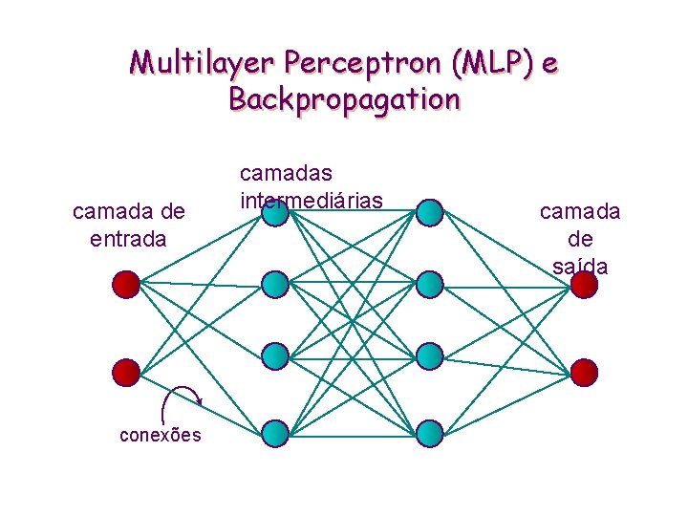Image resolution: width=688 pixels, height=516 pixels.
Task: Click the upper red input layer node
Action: [126, 284]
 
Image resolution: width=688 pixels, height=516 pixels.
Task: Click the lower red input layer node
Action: [126, 372]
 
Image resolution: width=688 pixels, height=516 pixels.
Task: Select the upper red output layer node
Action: [584, 285]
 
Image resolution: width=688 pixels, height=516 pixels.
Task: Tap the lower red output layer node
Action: [584, 372]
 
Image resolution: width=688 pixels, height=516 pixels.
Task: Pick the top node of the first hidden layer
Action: [275, 213]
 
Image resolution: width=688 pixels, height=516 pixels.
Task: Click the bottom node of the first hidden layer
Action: [275, 434]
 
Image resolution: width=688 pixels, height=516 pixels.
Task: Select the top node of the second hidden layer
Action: [430, 213]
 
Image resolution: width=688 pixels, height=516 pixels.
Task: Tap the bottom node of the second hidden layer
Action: [430, 434]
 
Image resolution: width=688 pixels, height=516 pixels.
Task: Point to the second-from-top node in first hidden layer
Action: [275, 284]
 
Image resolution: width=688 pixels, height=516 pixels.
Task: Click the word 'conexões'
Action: [160, 436]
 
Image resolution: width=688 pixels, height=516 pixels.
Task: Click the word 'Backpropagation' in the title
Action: [344, 99]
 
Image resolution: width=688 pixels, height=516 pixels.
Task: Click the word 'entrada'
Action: [128, 237]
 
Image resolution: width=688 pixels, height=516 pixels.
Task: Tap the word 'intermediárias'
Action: [312, 200]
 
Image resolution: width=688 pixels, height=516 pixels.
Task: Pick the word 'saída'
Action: [580, 265]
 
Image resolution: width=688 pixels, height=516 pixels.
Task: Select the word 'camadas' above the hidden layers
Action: [286, 173]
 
